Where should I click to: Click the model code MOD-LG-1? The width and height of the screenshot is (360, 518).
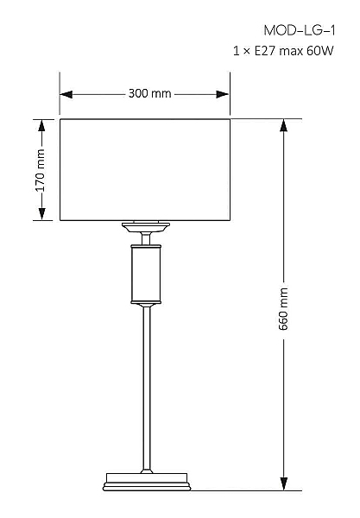pyautogui.click(x=300, y=31)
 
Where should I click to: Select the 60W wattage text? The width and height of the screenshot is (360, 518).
pyautogui.click(x=320, y=51)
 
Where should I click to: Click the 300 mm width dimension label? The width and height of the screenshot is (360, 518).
pyautogui.click(x=149, y=93)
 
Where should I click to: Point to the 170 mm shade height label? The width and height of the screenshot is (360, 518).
pyautogui.click(x=40, y=170)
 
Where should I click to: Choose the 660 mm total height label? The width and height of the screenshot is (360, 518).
pyautogui.click(x=283, y=309)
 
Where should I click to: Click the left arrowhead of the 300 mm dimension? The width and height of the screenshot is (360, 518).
pyautogui.click(x=66, y=94)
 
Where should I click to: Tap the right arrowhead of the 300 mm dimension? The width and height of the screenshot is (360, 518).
pyautogui.click(x=222, y=94)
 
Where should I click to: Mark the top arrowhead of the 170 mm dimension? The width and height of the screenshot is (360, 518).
pyautogui.click(x=41, y=126)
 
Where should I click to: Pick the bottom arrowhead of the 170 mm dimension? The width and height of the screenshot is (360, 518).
pyautogui.click(x=41, y=214)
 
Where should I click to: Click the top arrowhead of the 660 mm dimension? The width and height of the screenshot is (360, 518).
pyautogui.click(x=283, y=126)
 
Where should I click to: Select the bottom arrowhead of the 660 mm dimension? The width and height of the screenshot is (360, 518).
pyautogui.click(x=283, y=483)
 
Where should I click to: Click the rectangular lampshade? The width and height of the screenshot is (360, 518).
pyautogui.click(x=145, y=170)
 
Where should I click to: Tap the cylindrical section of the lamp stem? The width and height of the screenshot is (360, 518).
pyautogui.click(x=146, y=274)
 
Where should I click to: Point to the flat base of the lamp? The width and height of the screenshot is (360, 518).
pyautogui.click(x=147, y=482)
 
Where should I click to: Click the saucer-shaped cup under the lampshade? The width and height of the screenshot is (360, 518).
pyautogui.click(x=146, y=227)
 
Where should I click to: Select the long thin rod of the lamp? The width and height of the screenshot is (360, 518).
pyautogui.click(x=147, y=388)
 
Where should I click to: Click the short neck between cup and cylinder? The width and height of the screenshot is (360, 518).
pyautogui.click(x=146, y=238)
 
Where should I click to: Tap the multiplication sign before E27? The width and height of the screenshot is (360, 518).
pyautogui.click(x=246, y=52)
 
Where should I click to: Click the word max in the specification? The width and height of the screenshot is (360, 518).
pyautogui.click(x=291, y=52)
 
